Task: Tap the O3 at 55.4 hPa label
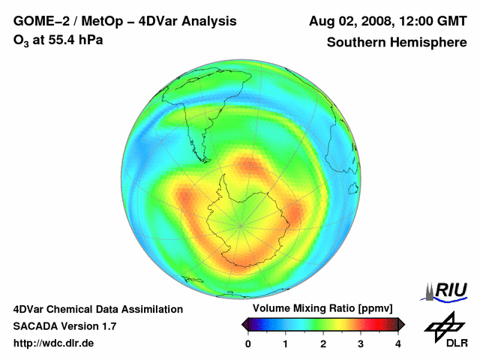point(58,40)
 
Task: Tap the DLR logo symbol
point(445,326)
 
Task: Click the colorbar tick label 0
point(248,343)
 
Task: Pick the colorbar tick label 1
point(286,343)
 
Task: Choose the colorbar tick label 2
point(323,343)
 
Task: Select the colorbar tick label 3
point(361,343)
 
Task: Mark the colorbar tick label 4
point(398,343)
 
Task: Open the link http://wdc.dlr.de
point(54,343)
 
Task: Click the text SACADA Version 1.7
point(64,326)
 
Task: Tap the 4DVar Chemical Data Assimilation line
point(97,309)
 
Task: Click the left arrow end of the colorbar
point(244,324)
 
